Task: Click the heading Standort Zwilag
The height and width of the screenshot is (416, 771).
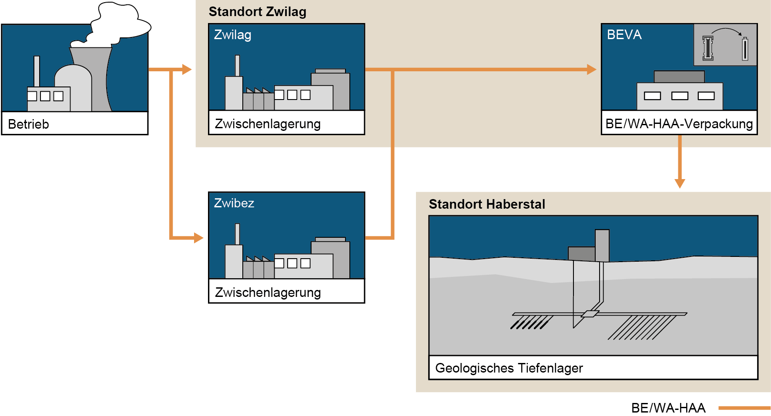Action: pos(257,12)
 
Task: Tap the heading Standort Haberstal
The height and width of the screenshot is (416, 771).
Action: pos(486,204)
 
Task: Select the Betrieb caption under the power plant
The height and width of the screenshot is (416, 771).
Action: pos(28,124)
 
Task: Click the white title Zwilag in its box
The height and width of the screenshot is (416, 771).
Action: pos(232,35)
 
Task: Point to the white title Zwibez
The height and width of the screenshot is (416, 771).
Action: pos(234,203)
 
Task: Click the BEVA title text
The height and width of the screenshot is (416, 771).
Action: pos(624,35)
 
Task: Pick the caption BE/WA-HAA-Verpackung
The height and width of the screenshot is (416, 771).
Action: pos(679,124)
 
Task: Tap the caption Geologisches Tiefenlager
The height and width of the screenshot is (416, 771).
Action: pos(509,368)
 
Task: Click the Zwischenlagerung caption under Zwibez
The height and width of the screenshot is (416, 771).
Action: pos(268,293)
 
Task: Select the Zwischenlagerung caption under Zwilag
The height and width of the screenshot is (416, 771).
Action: pos(268,124)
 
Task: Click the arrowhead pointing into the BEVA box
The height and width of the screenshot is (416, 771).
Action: pos(591,69)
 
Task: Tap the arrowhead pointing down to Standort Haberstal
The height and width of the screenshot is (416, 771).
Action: pos(680,183)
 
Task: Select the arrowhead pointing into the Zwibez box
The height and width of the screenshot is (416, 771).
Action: pos(198,238)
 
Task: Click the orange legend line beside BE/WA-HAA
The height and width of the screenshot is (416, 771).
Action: pos(744,408)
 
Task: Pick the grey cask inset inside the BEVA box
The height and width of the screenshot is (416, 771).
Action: pos(725,45)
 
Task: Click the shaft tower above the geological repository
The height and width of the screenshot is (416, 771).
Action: pos(602,245)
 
